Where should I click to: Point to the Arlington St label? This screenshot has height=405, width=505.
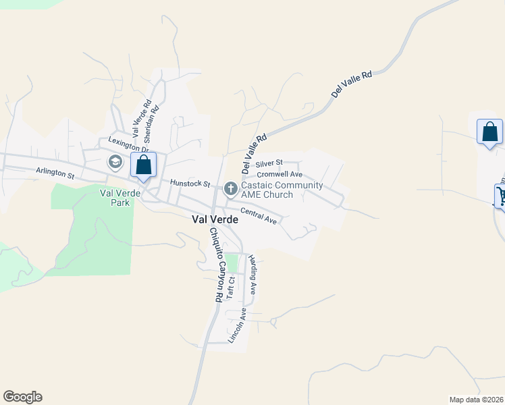[x=55, y=173]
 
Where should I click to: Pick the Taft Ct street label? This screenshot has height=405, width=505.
[x=231, y=288]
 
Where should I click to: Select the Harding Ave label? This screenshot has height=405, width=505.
[x=252, y=274]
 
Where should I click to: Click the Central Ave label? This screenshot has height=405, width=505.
[x=259, y=216]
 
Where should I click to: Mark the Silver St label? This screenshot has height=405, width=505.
[x=268, y=163]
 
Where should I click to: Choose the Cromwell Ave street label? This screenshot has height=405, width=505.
[x=280, y=174]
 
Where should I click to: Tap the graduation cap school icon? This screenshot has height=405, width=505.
[x=114, y=162]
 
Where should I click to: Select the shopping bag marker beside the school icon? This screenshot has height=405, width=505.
[x=143, y=165]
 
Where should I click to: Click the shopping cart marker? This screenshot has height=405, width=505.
[x=501, y=196]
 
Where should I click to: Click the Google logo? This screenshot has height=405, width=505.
[x=22, y=397]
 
